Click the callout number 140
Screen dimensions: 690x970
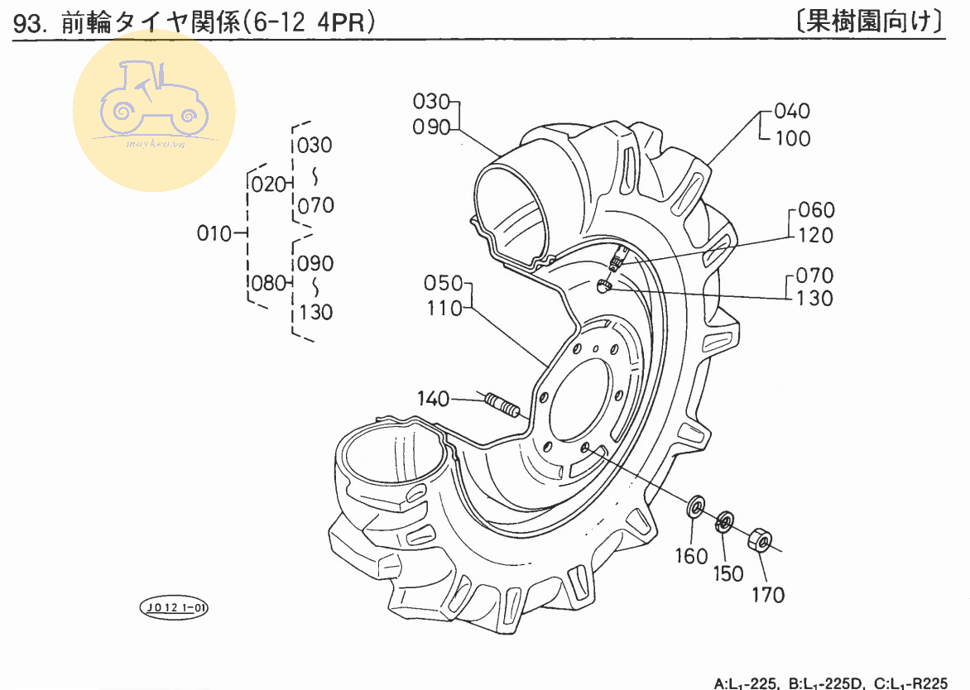click(433, 399)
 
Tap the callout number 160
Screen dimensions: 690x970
click(692, 556)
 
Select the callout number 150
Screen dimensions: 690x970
click(727, 573)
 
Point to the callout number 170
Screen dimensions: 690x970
click(768, 594)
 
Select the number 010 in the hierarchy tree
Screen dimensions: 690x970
click(214, 233)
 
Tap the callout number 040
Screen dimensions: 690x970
click(793, 112)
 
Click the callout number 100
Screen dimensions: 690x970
click(793, 138)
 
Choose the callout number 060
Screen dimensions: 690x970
click(816, 210)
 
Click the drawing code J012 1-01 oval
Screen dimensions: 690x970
click(174, 608)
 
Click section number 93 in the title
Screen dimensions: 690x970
click(28, 24)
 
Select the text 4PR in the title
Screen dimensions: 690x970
click(346, 23)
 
